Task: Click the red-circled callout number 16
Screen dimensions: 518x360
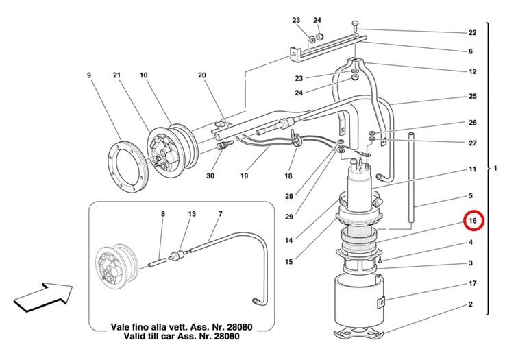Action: click(473, 220)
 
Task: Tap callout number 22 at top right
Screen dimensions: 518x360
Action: click(472, 32)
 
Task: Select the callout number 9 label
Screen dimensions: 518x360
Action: click(89, 75)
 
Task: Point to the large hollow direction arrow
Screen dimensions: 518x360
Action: click(43, 297)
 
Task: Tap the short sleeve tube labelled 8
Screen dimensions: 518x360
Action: click(157, 263)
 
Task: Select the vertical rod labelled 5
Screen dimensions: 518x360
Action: click(411, 178)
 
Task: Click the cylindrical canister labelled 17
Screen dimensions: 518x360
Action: click(359, 300)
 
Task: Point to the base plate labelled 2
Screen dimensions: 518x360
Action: click(359, 333)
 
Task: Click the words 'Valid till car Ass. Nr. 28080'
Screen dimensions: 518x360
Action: click(182, 337)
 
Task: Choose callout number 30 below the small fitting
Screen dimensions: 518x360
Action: click(210, 176)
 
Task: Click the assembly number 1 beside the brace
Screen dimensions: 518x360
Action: click(495, 168)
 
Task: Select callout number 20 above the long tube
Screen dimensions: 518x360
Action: click(202, 75)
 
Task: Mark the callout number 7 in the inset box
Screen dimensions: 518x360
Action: click(221, 214)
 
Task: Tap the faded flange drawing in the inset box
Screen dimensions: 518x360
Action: click(116, 264)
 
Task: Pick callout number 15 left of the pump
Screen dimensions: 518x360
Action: click(288, 262)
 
